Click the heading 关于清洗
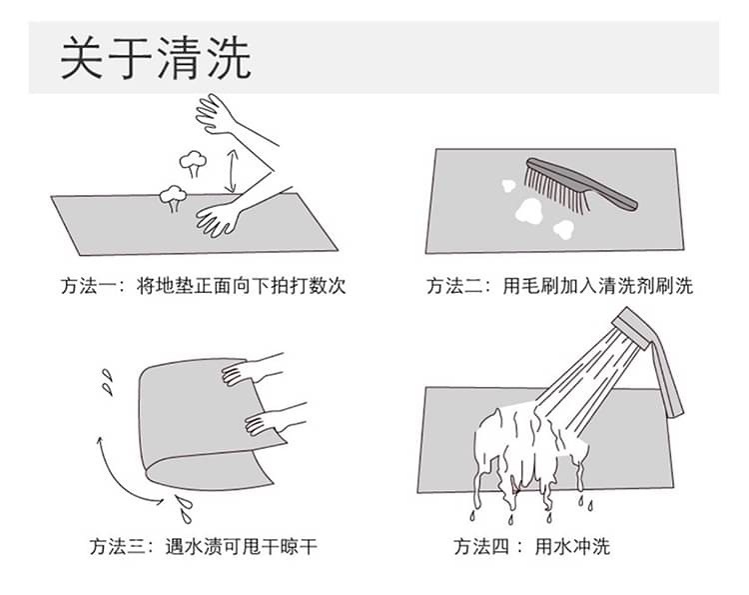click(156, 57)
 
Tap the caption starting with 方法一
click(203, 286)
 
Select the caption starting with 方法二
click(559, 286)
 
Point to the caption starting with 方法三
click(203, 546)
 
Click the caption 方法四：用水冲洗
click(531, 546)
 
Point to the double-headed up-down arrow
click(232, 170)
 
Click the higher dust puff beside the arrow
click(193, 163)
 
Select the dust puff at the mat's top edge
click(173, 198)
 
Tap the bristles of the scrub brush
click(556, 190)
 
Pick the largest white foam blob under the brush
click(528, 211)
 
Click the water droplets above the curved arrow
click(109, 382)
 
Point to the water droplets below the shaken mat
click(184, 509)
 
